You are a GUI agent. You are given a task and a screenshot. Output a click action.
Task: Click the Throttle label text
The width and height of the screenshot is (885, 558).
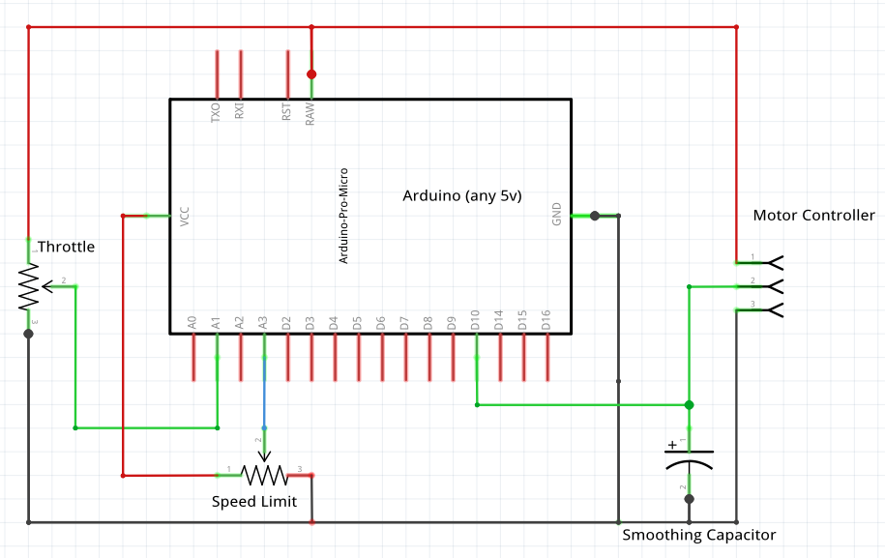pyautogui.click(x=66, y=247)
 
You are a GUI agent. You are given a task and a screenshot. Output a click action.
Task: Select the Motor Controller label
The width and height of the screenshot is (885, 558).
pyautogui.click(x=813, y=215)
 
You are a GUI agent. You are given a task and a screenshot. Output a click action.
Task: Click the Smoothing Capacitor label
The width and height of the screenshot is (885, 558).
pyautogui.click(x=698, y=535)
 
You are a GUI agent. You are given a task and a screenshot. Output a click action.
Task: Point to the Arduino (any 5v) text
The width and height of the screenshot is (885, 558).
pyautogui.click(x=461, y=195)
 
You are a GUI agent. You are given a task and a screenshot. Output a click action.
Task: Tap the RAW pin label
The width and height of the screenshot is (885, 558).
pyautogui.click(x=310, y=114)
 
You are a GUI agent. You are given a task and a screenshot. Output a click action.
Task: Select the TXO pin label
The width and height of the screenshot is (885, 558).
pyautogui.click(x=216, y=112)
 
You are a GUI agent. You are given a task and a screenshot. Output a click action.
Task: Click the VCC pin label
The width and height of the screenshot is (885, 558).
pyautogui.click(x=185, y=216)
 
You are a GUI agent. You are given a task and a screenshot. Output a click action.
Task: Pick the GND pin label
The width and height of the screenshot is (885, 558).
pyautogui.click(x=556, y=215)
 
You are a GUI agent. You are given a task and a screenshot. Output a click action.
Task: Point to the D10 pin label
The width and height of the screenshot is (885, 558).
pyautogui.click(x=475, y=321)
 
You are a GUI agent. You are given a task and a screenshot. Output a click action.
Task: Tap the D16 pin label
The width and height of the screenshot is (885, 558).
pyautogui.click(x=546, y=321)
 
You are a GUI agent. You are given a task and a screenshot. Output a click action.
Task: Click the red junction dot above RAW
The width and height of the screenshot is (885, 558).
pyautogui.click(x=311, y=73)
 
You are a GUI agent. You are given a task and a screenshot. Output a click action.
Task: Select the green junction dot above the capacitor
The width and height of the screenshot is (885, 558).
pyautogui.click(x=689, y=404)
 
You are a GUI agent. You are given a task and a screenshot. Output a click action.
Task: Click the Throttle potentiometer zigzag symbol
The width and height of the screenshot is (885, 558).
pyautogui.click(x=29, y=287)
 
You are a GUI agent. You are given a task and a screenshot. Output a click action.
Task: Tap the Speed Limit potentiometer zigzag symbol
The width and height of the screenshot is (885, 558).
pyautogui.click(x=264, y=474)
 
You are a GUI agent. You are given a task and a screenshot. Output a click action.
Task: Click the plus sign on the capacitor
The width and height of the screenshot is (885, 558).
pyautogui.click(x=672, y=446)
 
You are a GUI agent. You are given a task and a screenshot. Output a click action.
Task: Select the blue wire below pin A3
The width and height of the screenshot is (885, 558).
pyautogui.click(x=263, y=396)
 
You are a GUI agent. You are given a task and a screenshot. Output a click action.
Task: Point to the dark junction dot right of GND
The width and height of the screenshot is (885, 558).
pyautogui.click(x=595, y=216)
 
